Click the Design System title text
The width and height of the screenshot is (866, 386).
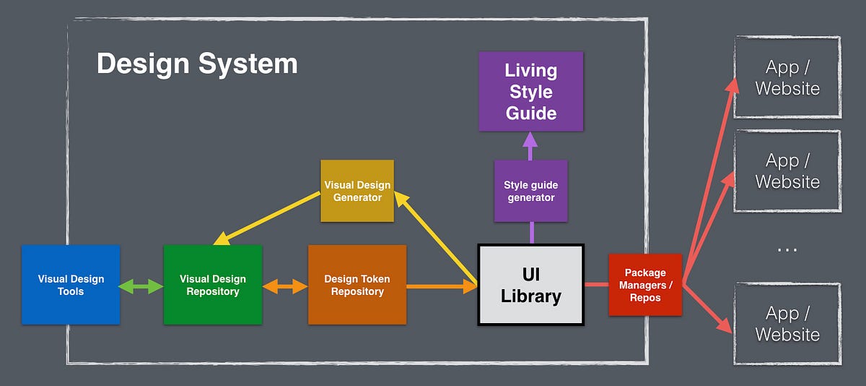point(197,64)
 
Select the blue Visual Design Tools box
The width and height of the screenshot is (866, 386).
point(71,285)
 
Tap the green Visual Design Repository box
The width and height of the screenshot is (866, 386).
point(213,285)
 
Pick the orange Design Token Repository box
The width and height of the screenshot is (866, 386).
point(357,285)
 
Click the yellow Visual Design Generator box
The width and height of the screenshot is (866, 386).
point(357,191)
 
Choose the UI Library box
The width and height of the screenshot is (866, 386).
point(530,285)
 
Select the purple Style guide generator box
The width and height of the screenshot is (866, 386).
point(530,191)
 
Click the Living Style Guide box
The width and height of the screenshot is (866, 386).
point(530,91)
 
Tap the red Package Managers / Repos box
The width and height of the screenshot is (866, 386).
point(644,285)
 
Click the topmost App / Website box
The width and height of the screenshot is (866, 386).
point(787,77)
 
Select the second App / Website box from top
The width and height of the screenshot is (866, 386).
point(787,171)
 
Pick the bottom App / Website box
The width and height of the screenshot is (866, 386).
point(787,323)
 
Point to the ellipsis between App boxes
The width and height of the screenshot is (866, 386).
point(787,249)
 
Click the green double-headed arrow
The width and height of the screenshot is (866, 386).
point(141,286)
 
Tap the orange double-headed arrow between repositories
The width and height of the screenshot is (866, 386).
point(285,287)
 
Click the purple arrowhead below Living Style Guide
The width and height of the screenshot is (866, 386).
point(530,140)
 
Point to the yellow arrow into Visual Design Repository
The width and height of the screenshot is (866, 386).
point(267,218)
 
